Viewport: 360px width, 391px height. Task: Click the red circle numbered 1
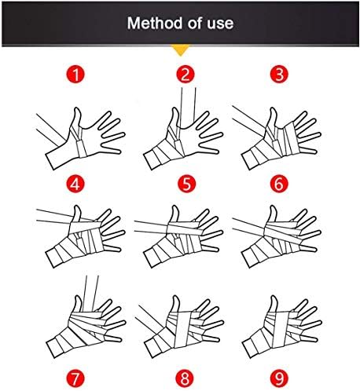coord(75,74)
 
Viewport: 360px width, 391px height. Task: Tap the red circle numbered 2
coord(185,74)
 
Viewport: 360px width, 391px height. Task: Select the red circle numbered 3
coord(279,74)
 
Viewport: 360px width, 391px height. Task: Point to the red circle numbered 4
coord(75,184)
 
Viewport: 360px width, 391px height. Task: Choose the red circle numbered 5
coord(186,184)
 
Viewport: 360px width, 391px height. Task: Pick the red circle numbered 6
coord(279,184)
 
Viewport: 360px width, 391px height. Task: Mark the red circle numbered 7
coord(75,378)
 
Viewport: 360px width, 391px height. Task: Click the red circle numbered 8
coord(185,378)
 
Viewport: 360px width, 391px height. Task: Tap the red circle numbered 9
coord(279,378)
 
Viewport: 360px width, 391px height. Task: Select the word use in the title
coord(220,24)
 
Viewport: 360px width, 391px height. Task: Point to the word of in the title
coord(195,23)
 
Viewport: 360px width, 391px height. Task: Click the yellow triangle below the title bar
coord(180,49)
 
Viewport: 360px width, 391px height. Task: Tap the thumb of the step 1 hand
coord(76,119)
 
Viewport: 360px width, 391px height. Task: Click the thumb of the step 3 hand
coord(273,118)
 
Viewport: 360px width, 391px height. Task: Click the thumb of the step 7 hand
coord(77,305)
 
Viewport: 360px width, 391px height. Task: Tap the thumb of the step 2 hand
coord(174,119)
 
